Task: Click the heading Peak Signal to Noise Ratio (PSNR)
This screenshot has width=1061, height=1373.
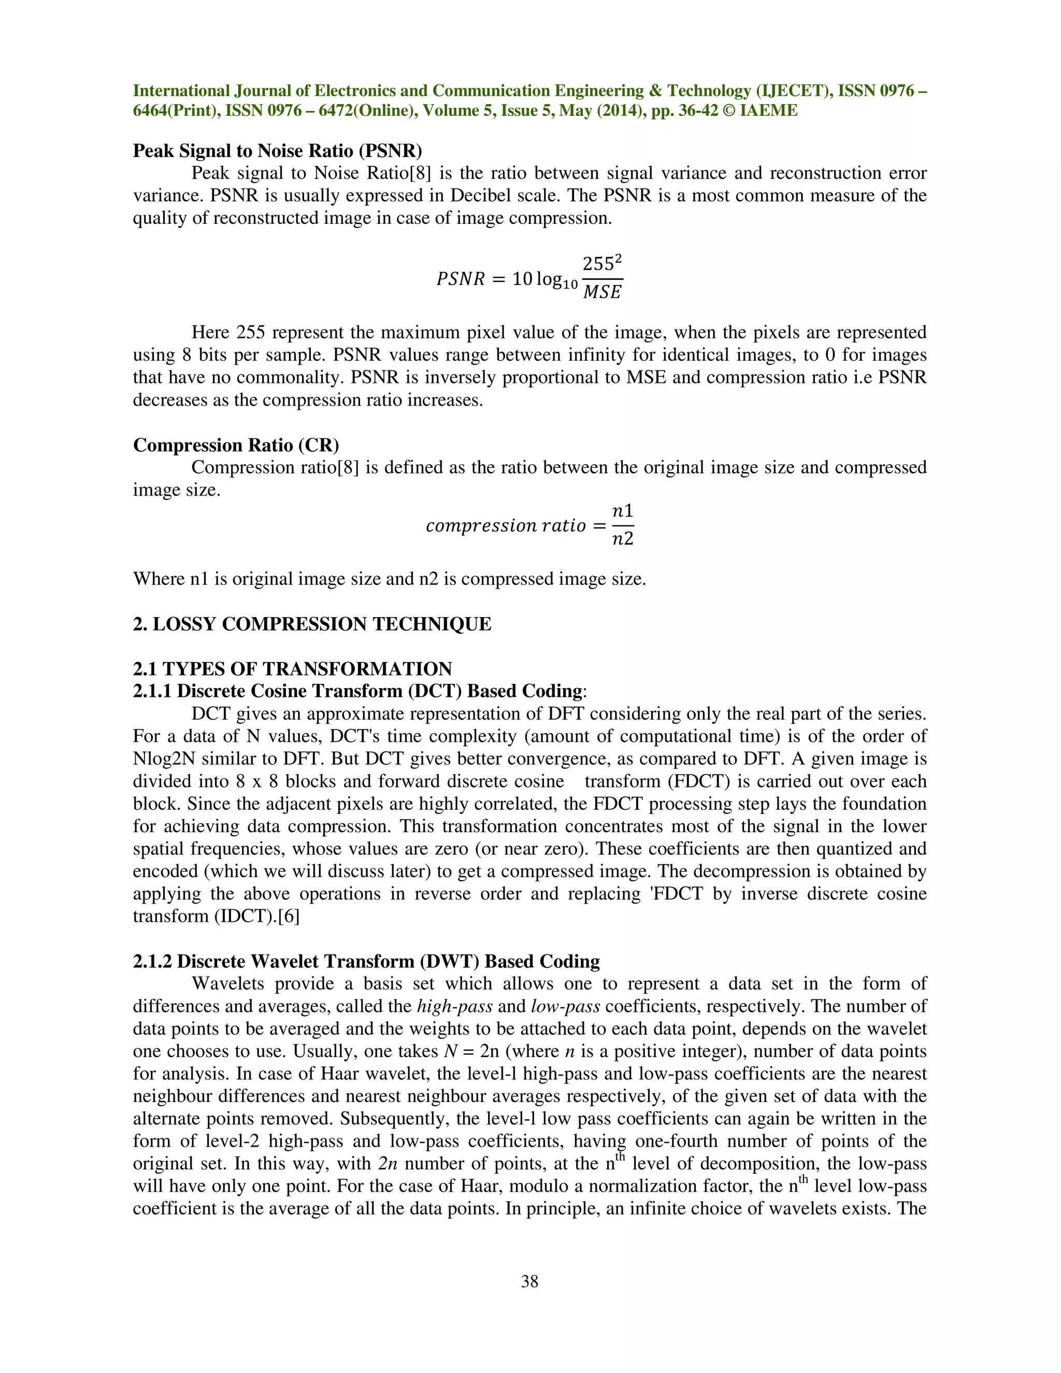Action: (277, 151)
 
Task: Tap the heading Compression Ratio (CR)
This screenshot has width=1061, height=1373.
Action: (236, 445)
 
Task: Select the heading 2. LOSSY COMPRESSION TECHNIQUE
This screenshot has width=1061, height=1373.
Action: (312, 624)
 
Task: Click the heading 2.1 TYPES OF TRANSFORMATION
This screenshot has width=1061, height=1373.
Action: (292, 668)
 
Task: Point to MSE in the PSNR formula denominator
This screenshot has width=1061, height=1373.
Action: (601, 292)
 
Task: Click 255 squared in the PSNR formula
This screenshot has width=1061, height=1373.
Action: (601, 263)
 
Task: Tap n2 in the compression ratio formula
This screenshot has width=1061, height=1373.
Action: (622, 539)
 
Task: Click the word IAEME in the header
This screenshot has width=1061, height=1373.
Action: (769, 111)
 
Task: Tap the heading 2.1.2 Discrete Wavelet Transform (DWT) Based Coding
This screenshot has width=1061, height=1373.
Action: (366, 961)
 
